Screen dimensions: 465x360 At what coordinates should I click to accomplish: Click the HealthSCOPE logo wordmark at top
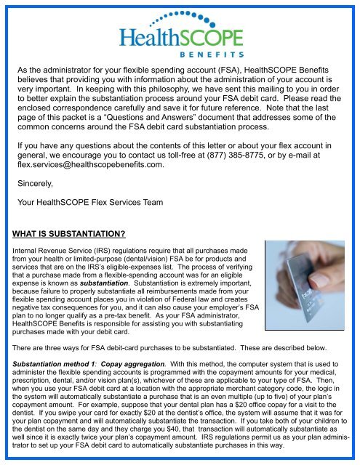pos(180,37)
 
